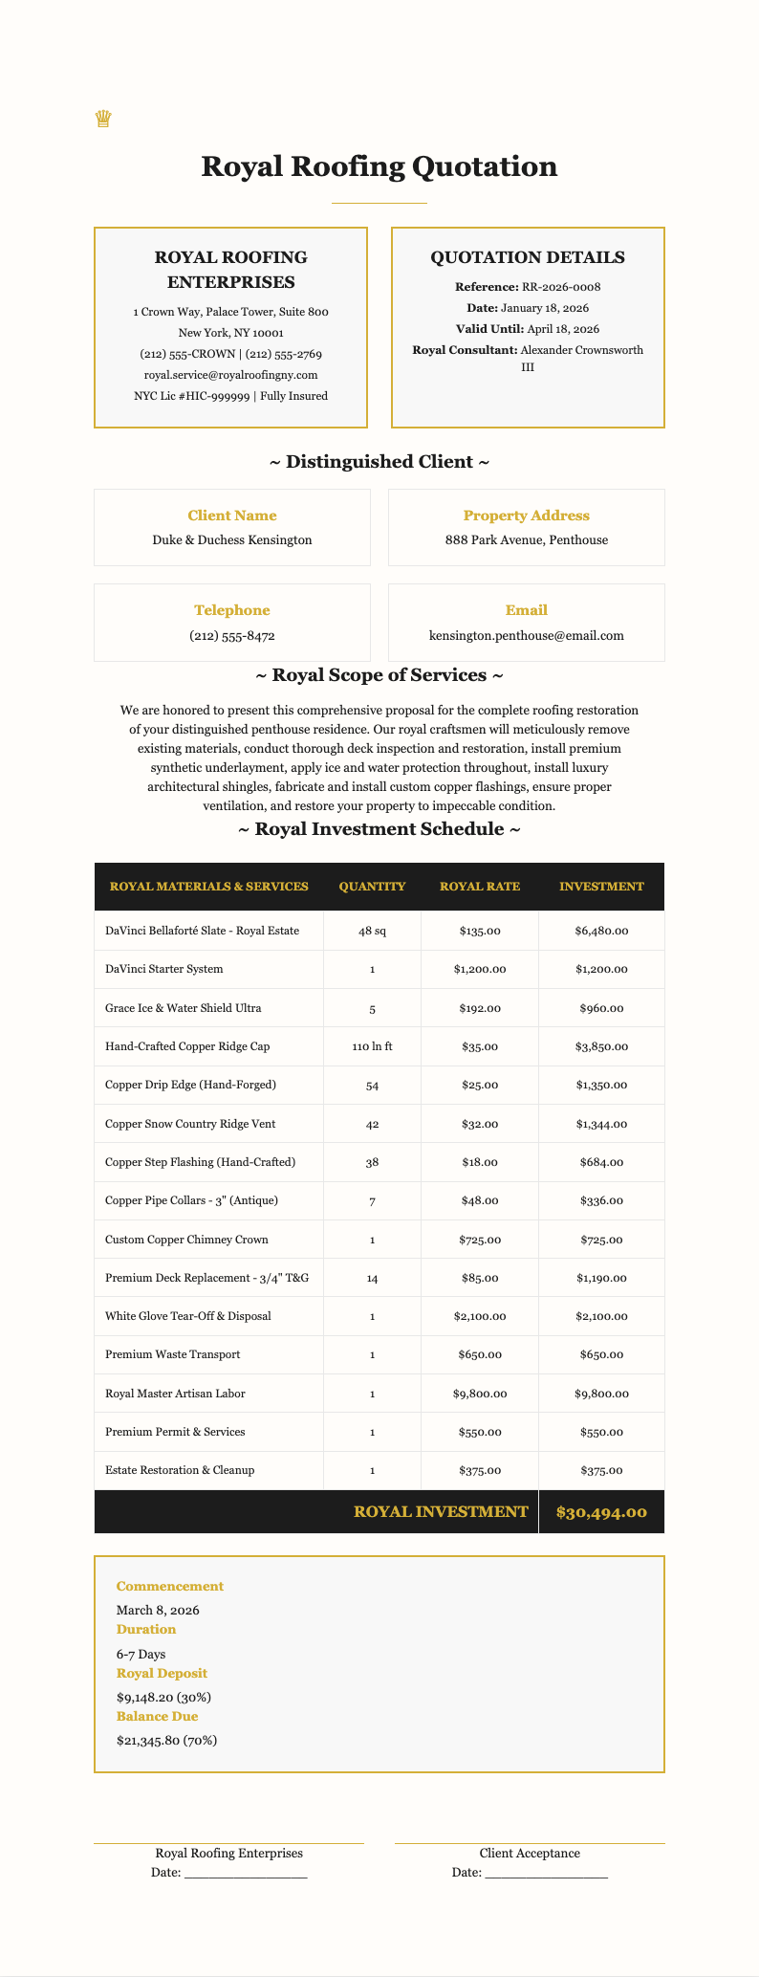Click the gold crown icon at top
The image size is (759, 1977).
coord(103,120)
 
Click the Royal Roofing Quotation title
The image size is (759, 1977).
coord(379,166)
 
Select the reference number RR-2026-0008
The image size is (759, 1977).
coord(560,287)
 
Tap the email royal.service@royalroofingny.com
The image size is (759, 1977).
coord(230,375)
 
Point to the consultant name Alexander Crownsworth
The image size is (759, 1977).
coord(581,350)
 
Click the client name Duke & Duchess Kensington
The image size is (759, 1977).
coord(231,539)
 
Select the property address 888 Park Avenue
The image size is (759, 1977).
coord(526,539)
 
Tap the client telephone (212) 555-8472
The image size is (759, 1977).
coord(231,635)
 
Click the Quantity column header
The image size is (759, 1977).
coord(372,887)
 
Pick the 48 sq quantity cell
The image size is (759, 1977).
coord(372,931)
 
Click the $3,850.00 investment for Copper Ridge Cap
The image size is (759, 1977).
coord(600,1046)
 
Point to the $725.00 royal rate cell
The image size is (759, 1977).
coord(480,1240)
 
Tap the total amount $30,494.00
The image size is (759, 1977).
coord(600,1512)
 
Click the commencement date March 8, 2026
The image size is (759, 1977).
coord(158,1610)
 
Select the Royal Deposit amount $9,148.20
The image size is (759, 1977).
coord(163,1697)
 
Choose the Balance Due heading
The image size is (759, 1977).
coord(158,1716)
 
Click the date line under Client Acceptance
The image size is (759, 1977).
coord(546,1873)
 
